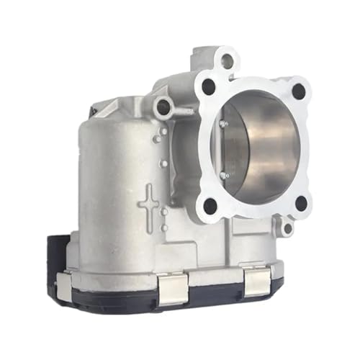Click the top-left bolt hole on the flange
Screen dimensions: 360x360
pyautogui.click(x=209, y=87)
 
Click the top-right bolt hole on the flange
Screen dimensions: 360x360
pyautogui.click(x=298, y=91)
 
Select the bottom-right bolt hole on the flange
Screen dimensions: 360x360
pyautogui.click(x=301, y=203)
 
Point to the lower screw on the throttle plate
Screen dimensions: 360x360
pyautogui.click(x=225, y=175)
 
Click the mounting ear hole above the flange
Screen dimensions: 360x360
pyautogui.click(x=227, y=61)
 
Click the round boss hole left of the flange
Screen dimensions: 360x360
pyautogui.click(x=163, y=107)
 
